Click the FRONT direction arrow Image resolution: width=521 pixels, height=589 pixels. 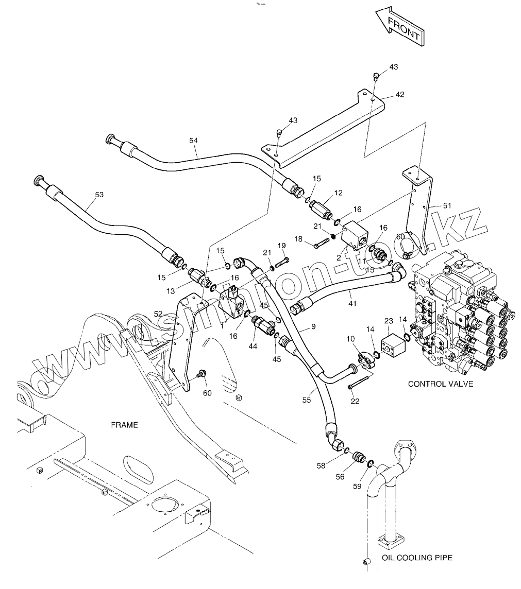pos(399,29)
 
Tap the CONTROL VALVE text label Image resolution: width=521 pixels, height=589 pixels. pos(440,384)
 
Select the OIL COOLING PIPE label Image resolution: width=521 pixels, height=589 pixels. pos(417,558)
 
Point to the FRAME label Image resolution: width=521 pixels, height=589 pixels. pos(124,425)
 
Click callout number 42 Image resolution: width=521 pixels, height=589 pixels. pos(400,94)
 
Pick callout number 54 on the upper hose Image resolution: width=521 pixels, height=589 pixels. pos(193,140)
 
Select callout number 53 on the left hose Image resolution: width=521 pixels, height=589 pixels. pos(99,194)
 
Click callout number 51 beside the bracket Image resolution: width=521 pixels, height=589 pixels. pos(447,205)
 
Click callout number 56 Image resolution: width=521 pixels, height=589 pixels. pos(340,477)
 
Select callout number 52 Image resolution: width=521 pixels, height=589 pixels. pos(158,313)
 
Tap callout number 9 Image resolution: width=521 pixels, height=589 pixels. pos(313,326)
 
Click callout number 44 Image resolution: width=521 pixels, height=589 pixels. pos(253,347)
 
